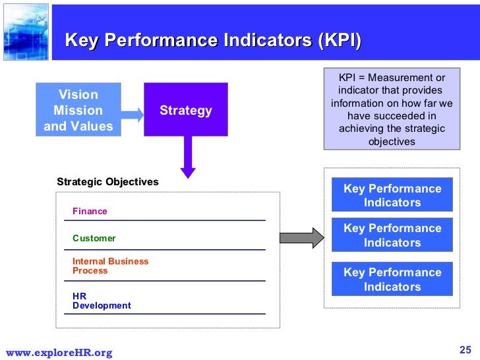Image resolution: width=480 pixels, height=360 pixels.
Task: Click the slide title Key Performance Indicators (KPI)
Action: pos(213,40)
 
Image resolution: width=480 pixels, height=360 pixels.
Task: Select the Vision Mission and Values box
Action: pos(78,110)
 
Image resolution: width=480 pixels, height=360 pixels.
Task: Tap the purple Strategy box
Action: pos(186,110)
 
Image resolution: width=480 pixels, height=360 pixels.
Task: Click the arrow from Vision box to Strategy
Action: pos(133,114)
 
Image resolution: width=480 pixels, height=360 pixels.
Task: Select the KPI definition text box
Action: pos(392,110)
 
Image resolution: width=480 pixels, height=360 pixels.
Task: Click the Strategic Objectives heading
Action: pos(107,181)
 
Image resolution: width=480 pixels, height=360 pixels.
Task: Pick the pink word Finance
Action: pos(90,212)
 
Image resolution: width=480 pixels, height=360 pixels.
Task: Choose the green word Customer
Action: pos(94,238)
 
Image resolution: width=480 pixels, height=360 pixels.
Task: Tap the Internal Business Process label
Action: pos(110,266)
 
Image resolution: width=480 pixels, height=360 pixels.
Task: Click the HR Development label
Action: pos(102,301)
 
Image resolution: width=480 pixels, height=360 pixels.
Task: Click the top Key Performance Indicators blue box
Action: pos(392,195)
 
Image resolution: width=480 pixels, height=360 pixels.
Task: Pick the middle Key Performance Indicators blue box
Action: pos(392,235)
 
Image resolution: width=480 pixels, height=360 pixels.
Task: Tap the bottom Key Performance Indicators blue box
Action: pos(392,280)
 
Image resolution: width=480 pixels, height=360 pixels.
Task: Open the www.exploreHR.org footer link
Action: pos(59,353)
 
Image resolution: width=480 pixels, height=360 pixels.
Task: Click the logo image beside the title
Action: pos(24,31)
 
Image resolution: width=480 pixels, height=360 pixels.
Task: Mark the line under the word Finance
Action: pos(165,220)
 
